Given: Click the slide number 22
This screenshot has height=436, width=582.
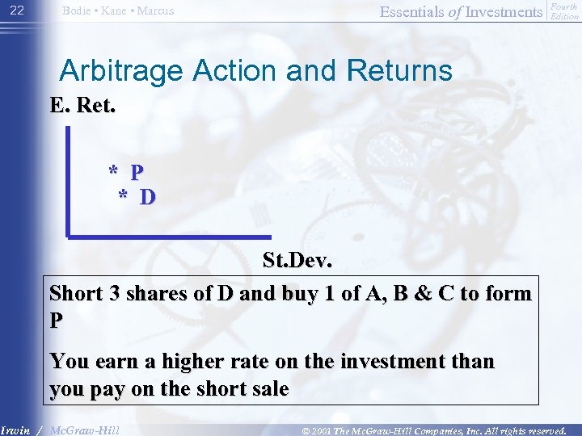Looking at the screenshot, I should pyautogui.click(x=17, y=10).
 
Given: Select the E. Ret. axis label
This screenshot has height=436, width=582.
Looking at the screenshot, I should pyautogui.click(x=82, y=106).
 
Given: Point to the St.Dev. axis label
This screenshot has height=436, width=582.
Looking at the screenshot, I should pyautogui.click(x=297, y=262).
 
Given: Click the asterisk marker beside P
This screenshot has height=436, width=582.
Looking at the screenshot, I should pyautogui.click(x=114, y=172).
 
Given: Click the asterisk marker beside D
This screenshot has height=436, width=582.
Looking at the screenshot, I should pyautogui.click(x=123, y=196).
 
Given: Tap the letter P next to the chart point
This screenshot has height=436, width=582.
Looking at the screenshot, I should pyautogui.click(x=137, y=172).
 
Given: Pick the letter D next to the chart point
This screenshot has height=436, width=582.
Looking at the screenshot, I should pyautogui.click(x=148, y=196).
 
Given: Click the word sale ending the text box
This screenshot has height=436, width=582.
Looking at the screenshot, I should pyautogui.click(x=268, y=388).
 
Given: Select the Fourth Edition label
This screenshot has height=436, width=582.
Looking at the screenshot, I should pyautogui.click(x=564, y=11).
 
